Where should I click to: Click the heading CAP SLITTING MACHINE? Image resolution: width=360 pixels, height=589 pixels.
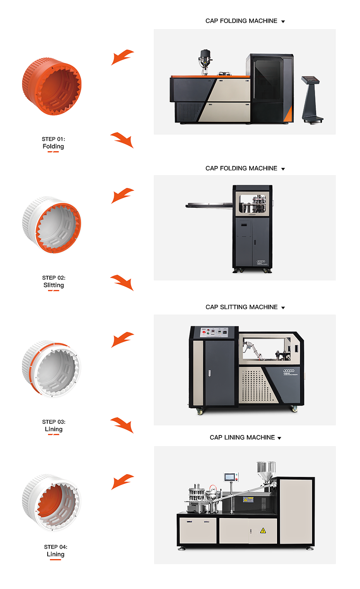[241, 307]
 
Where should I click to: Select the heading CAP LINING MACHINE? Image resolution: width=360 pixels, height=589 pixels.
[242, 437]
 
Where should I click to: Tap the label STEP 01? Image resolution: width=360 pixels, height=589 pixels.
[53, 139]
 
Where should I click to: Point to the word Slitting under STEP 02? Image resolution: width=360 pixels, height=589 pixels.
[53, 285]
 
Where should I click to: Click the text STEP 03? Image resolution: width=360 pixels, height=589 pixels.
[54, 422]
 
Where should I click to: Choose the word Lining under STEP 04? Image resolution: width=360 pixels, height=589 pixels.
[55, 554]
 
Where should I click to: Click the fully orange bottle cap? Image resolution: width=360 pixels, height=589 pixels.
[52, 86]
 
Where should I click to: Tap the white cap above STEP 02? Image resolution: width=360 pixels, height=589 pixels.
[52, 225]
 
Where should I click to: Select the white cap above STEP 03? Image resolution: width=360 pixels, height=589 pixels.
[52, 369]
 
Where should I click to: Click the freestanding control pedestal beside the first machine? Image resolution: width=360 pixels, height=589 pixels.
[312, 100]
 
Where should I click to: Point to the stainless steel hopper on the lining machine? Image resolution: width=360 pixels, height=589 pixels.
[266, 471]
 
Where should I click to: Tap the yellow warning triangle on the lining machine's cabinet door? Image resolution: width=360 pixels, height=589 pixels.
[263, 530]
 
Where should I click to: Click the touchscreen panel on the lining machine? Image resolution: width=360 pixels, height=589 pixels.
[230, 477]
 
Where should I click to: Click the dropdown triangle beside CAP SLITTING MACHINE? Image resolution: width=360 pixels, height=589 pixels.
[283, 307]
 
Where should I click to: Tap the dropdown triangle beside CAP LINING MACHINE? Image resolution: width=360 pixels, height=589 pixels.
[279, 438]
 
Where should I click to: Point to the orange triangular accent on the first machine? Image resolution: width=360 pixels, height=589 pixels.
[288, 114]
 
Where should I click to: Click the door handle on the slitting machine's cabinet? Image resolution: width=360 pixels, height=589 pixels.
[209, 373]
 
